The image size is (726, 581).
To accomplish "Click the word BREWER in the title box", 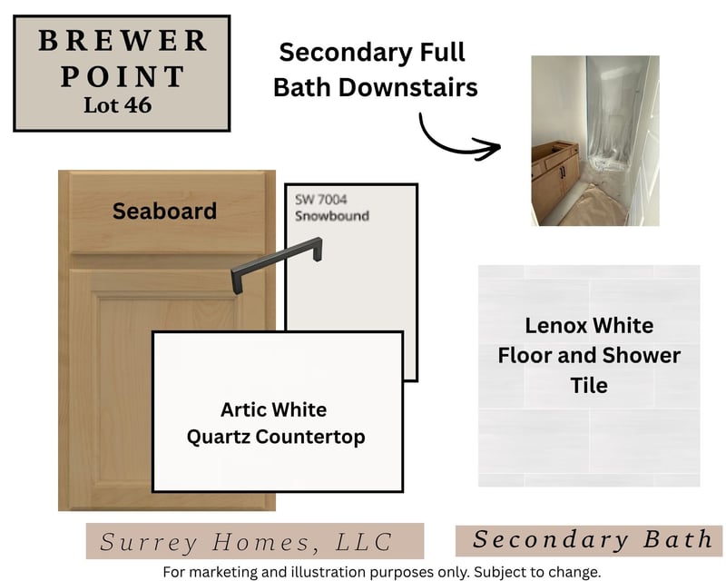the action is click(x=123, y=40).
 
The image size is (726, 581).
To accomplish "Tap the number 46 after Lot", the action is click(x=138, y=105).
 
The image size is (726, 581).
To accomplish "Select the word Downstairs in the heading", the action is click(x=407, y=87).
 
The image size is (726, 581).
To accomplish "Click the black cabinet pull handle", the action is click(x=277, y=264).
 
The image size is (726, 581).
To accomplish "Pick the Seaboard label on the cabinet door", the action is click(x=164, y=211).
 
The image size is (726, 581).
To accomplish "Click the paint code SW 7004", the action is click(x=321, y=199).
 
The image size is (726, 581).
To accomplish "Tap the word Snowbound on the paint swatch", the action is click(x=332, y=216).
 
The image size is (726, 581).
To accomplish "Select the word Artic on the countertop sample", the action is click(x=243, y=409).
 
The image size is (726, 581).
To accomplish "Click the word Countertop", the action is click(x=310, y=437).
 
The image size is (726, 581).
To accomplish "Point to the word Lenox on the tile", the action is click(x=555, y=326).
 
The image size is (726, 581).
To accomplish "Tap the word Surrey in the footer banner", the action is click(x=148, y=543).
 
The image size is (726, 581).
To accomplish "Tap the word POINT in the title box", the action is click(x=123, y=76).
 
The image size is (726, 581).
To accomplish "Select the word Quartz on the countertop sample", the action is click(x=219, y=437).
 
